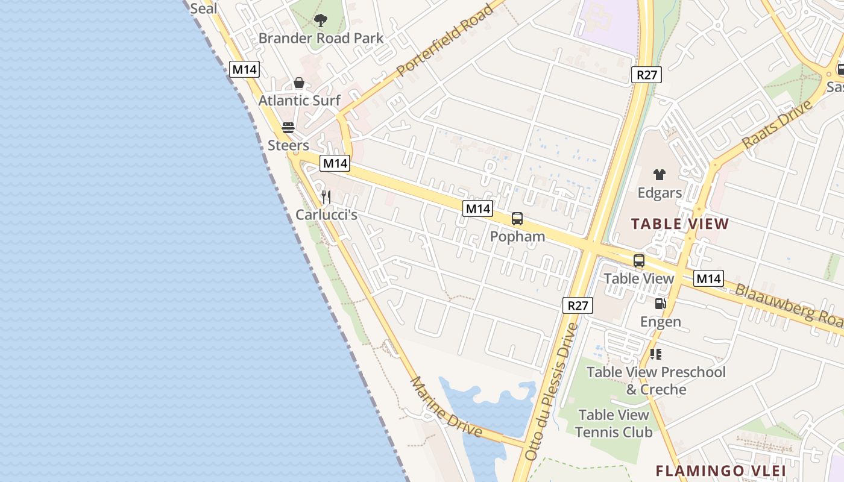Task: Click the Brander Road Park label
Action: point(321,39)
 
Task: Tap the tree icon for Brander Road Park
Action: point(321,21)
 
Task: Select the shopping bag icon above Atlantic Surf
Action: point(299,83)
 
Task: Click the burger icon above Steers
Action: point(288,128)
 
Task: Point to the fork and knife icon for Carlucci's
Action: point(326,197)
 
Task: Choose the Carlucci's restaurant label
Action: point(326,214)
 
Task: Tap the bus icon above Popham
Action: point(517,219)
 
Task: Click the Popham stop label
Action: point(517,236)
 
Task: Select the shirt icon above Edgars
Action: point(660,175)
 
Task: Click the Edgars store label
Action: point(660,193)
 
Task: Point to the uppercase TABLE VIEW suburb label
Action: point(680,225)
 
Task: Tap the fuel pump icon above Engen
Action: point(661,304)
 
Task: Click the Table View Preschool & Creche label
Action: point(656,381)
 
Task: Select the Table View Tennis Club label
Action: point(613,424)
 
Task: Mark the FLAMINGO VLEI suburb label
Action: point(720,471)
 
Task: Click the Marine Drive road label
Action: point(446,408)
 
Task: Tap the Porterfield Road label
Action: point(445,41)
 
